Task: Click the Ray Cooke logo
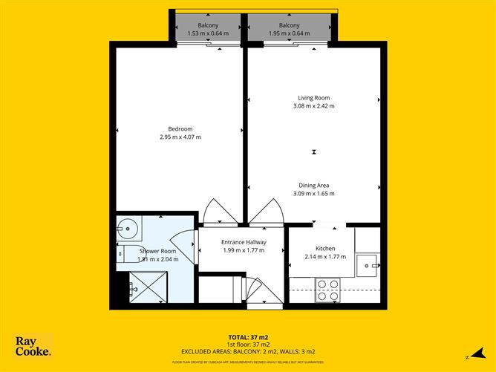[33, 346]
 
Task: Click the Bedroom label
[180, 128]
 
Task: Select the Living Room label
[313, 97]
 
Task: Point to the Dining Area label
[313, 185]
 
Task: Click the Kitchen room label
[326, 248]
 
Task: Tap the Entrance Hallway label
[244, 242]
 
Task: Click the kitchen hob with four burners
[327, 290]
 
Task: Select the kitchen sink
[367, 264]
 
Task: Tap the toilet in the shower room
[125, 253]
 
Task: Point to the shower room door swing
[180, 244]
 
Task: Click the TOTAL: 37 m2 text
[247, 336]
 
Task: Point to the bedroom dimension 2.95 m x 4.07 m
[180, 137]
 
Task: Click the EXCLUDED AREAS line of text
[248, 351]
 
